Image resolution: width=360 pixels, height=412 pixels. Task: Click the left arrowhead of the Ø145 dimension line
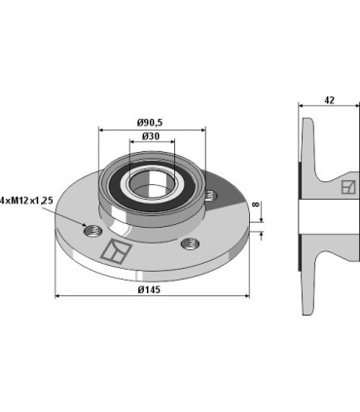[x=57, y=296]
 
